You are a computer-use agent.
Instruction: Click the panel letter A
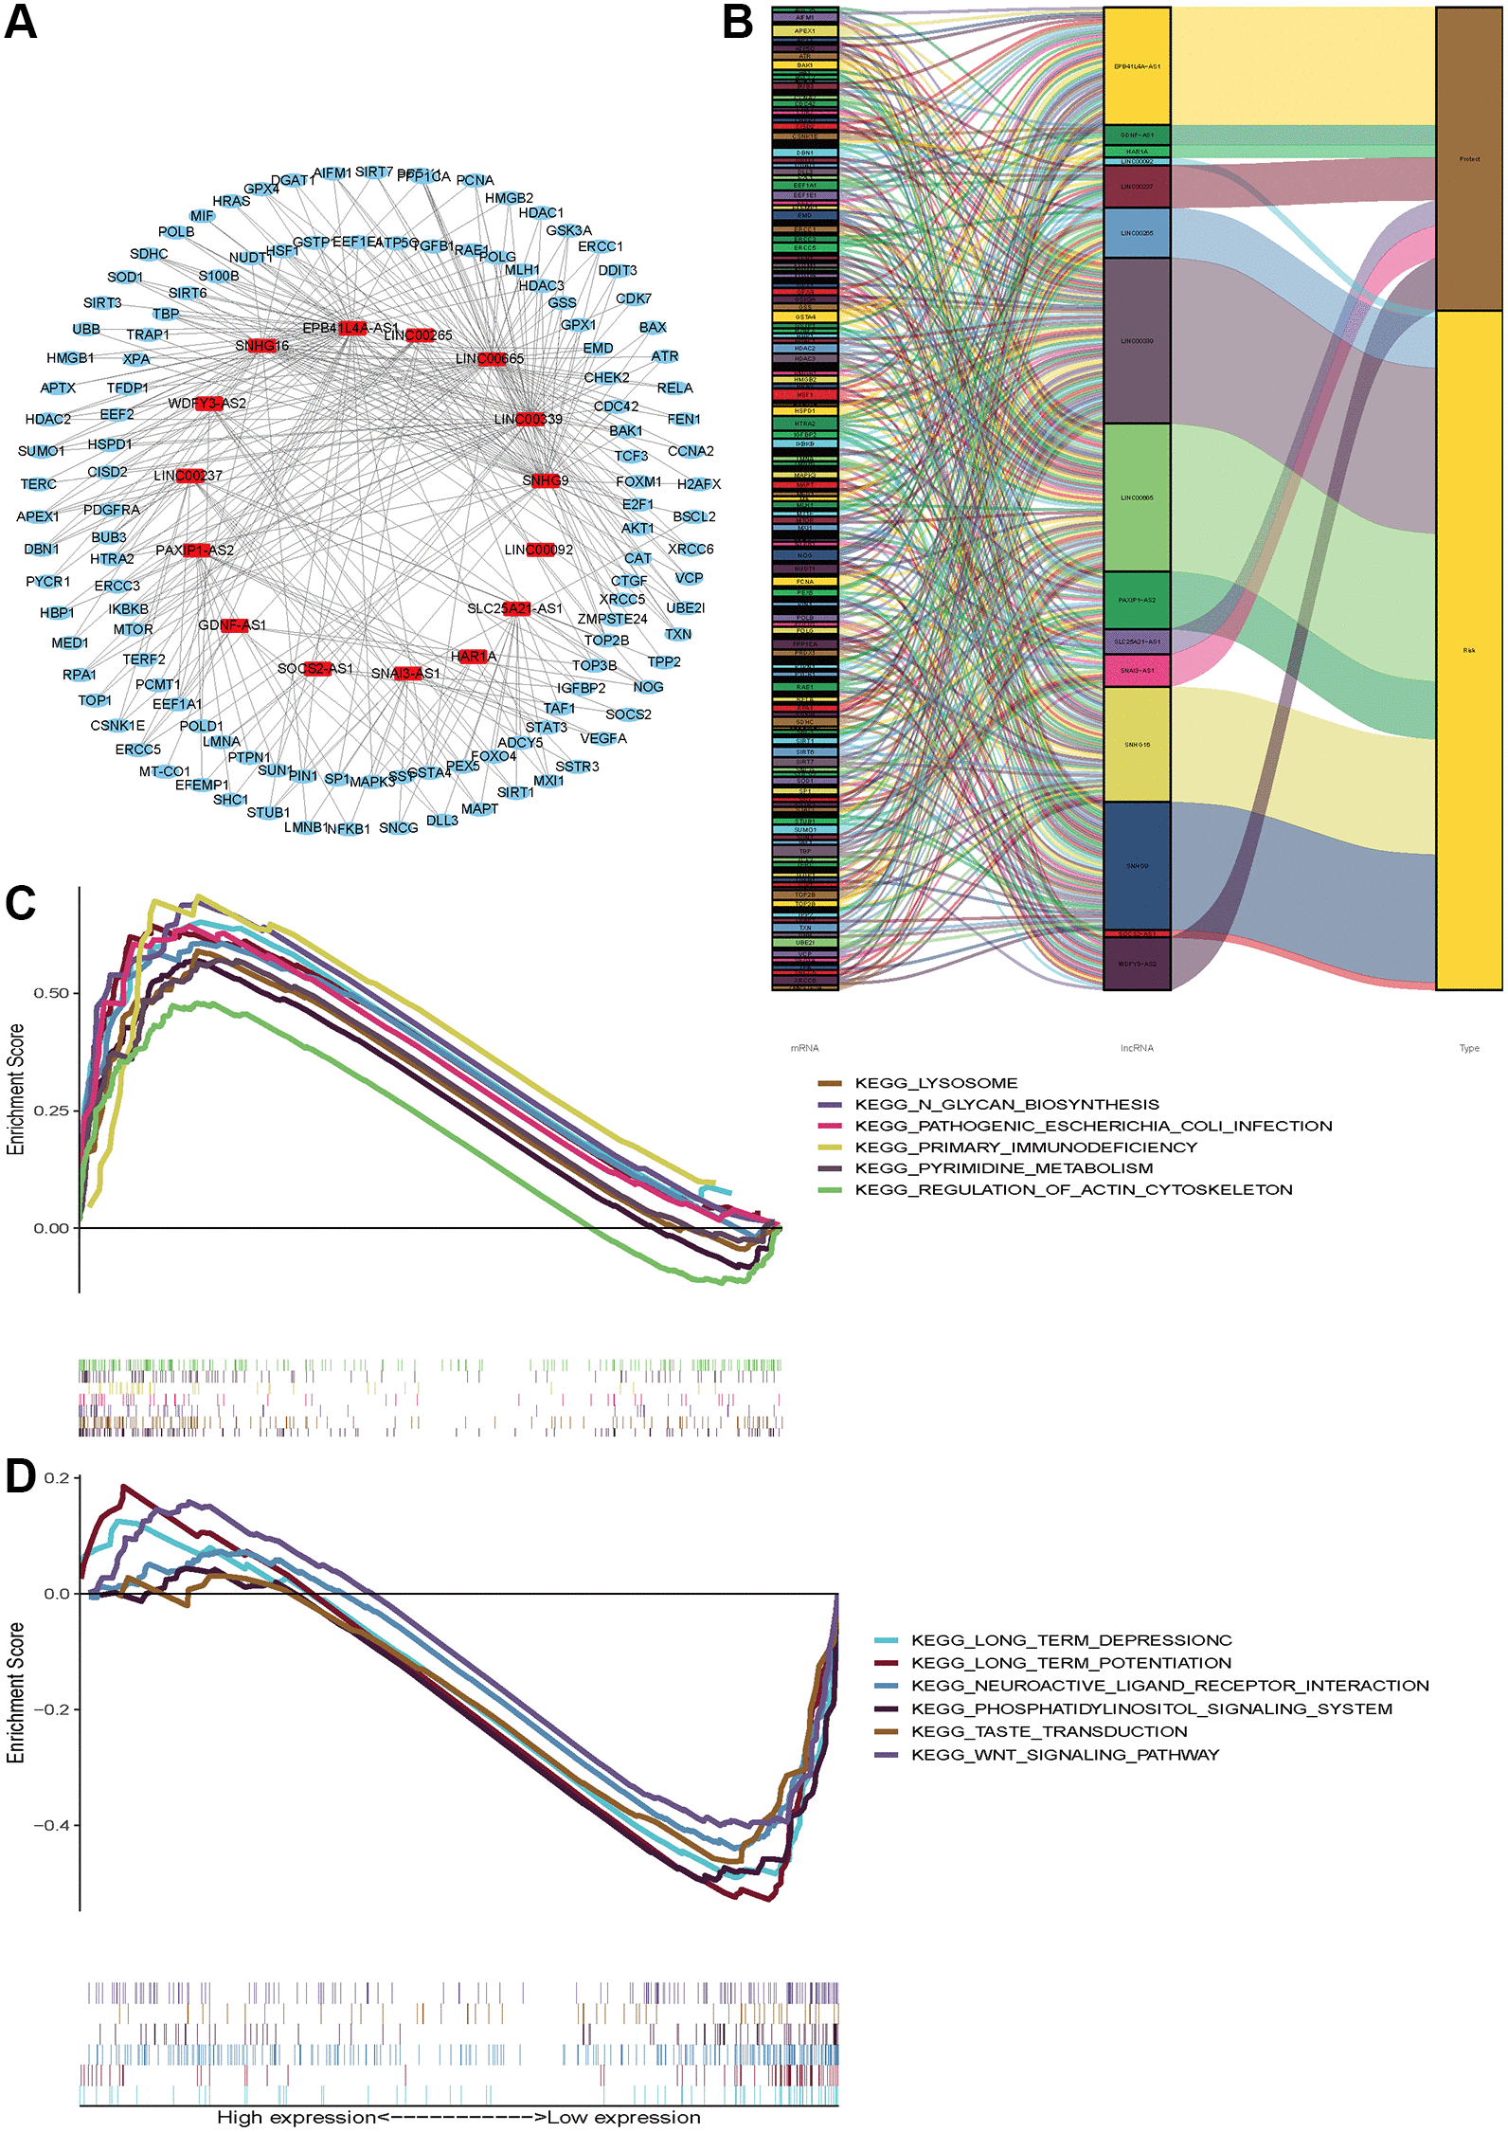tap(21, 21)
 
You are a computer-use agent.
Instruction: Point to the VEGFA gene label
tap(603, 738)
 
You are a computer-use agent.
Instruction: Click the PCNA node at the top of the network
tap(475, 180)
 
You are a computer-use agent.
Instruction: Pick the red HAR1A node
tap(472, 656)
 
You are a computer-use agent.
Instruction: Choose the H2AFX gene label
tap(699, 484)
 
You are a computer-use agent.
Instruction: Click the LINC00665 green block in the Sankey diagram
tap(1137, 497)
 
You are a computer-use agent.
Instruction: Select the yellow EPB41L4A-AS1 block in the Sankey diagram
tap(1137, 66)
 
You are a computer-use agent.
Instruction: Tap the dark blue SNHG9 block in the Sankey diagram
tap(1137, 866)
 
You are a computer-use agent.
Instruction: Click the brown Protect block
tap(1469, 159)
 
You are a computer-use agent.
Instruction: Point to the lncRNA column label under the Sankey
tap(1137, 1048)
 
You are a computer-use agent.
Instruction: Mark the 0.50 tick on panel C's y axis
tap(52, 993)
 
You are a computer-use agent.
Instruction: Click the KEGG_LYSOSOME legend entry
tap(935, 1083)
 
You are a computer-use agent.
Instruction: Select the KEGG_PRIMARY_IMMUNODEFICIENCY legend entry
tap(1025, 1147)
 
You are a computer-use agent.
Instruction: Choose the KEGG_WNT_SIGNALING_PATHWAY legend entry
tap(1065, 1755)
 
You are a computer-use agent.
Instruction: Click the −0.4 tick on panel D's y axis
tap(52, 1825)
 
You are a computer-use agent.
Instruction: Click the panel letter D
tap(21, 1476)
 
